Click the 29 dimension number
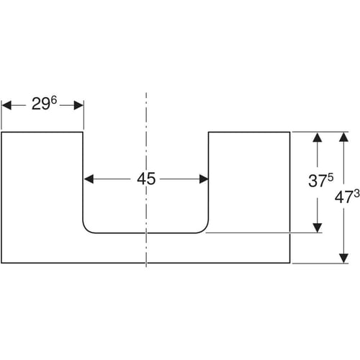click(41, 104)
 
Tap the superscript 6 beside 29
click(54, 100)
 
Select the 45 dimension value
click(146, 179)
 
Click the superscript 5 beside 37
click(330, 177)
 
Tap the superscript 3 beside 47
click(356, 194)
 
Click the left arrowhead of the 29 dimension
click(6, 105)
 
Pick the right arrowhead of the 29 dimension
click(78, 105)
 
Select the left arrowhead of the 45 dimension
click(89, 179)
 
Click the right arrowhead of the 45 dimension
click(204, 179)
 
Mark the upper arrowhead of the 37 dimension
click(318, 138)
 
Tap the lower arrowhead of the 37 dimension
click(318, 228)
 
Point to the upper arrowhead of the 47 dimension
click(344, 137)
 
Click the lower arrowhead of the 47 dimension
click(344, 258)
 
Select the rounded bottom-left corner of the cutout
click(86, 229)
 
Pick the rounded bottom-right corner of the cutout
click(204, 229)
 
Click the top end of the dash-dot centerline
click(146, 93)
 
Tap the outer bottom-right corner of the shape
click(290, 263)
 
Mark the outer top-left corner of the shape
click(1, 132)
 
